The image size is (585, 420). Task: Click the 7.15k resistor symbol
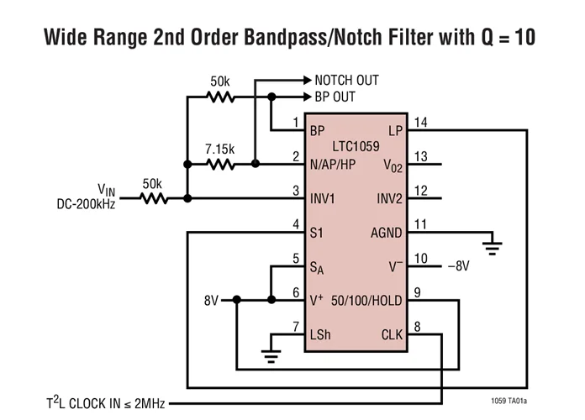pos(220,165)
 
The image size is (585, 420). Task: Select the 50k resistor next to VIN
pos(155,199)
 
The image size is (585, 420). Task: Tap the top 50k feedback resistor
pos(220,97)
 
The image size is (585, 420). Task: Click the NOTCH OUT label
pos(346,81)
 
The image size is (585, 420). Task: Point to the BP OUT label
pos(335,97)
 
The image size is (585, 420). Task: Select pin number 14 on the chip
pos(420,123)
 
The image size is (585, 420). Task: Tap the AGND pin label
pos(387,233)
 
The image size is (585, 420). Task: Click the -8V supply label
pos(458,266)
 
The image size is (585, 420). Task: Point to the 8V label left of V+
pos(212,300)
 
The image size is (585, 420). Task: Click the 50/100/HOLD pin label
pos(367,300)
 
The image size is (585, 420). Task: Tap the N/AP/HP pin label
pos(333,165)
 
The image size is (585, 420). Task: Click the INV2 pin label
pos(389,199)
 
